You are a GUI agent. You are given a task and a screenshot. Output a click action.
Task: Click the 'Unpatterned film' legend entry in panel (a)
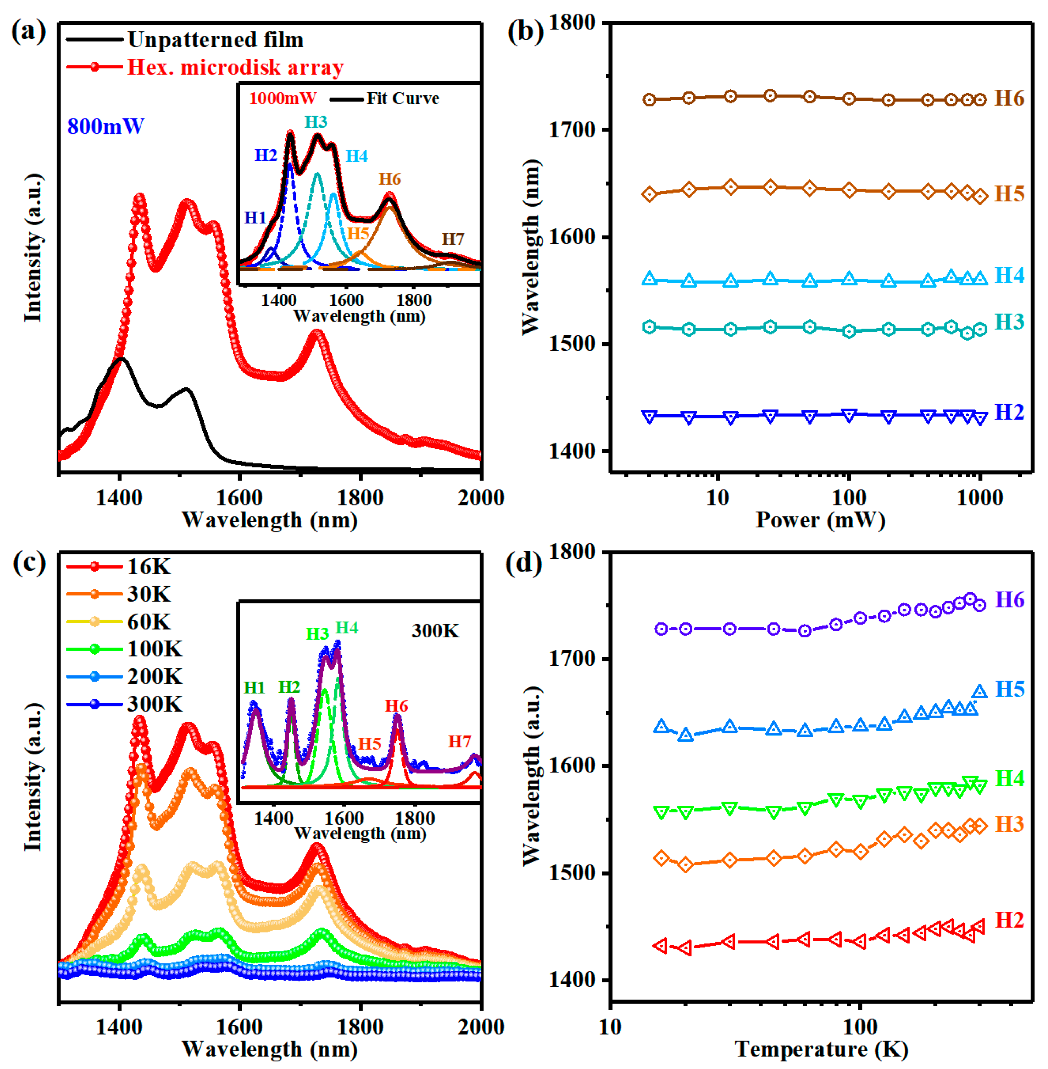[x=215, y=40]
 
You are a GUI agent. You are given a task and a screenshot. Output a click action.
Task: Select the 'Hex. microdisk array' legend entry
[x=235, y=67]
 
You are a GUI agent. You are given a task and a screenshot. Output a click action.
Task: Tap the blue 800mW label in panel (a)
[x=105, y=127]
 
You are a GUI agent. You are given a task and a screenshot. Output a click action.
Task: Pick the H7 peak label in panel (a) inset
[x=453, y=239]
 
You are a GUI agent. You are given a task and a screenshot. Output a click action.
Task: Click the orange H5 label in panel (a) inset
[x=358, y=233]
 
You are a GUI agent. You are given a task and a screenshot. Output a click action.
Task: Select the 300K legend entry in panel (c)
[x=155, y=704]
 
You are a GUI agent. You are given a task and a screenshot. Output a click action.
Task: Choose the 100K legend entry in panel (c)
[x=155, y=649]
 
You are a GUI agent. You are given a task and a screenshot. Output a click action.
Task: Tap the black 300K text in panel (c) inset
[x=435, y=631]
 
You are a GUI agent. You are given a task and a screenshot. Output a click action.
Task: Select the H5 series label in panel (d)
[x=1010, y=689]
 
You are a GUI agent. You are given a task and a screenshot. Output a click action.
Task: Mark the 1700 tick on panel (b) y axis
[x=572, y=130]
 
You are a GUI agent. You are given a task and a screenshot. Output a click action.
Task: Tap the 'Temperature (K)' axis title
[x=821, y=1049]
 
